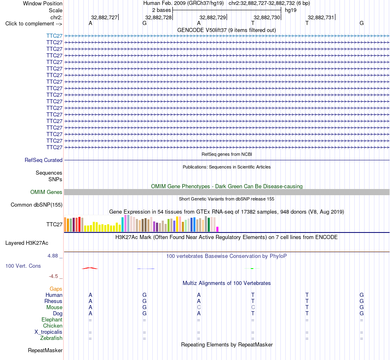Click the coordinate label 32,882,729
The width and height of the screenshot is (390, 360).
(213, 17)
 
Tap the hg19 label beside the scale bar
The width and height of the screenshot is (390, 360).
(291, 10)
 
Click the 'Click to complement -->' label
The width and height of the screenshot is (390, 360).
(34, 24)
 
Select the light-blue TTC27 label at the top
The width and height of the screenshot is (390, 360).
(54, 36)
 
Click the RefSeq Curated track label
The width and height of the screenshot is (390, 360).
(44, 160)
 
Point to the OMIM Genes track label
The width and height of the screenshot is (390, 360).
(46, 192)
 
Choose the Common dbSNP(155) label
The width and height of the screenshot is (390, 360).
(37, 205)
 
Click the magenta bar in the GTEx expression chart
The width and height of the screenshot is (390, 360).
(218, 229)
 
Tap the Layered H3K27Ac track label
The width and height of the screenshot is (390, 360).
(27, 243)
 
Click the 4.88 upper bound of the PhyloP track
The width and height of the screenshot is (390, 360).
(53, 256)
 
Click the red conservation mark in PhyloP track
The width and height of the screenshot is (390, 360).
(90, 268)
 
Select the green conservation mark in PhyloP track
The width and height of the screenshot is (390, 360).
(252, 268)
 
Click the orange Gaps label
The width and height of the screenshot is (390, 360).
(56, 289)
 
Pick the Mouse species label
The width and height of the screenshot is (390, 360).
(54, 308)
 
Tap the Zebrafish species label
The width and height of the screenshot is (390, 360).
(51, 338)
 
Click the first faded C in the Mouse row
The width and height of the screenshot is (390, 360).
(199, 308)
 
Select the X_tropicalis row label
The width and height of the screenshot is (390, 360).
(48, 332)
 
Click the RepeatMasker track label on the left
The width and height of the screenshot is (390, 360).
(45, 350)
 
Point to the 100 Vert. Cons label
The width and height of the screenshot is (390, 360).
(23, 266)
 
